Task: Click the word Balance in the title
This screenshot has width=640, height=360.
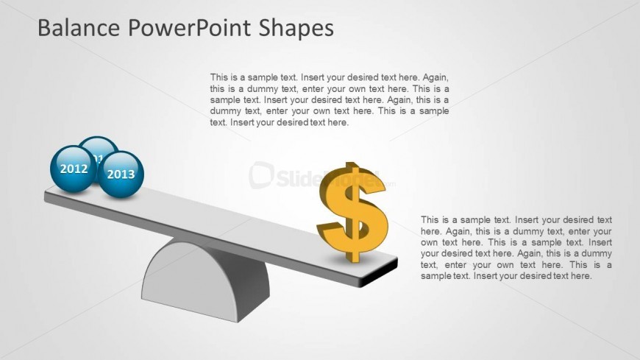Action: click(x=79, y=28)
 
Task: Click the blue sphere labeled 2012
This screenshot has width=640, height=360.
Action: click(x=73, y=169)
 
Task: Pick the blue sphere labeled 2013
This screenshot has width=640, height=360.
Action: click(x=121, y=174)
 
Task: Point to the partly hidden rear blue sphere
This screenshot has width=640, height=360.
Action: click(x=99, y=147)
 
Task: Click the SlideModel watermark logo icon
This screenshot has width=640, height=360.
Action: click(x=261, y=175)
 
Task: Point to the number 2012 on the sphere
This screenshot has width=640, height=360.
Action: click(x=74, y=169)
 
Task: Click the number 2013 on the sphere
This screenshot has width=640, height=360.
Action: click(x=121, y=174)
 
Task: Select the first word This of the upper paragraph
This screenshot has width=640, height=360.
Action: click(x=218, y=77)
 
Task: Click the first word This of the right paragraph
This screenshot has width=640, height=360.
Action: click(x=430, y=220)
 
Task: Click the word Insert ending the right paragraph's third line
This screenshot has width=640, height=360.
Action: click(x=600, y=242)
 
